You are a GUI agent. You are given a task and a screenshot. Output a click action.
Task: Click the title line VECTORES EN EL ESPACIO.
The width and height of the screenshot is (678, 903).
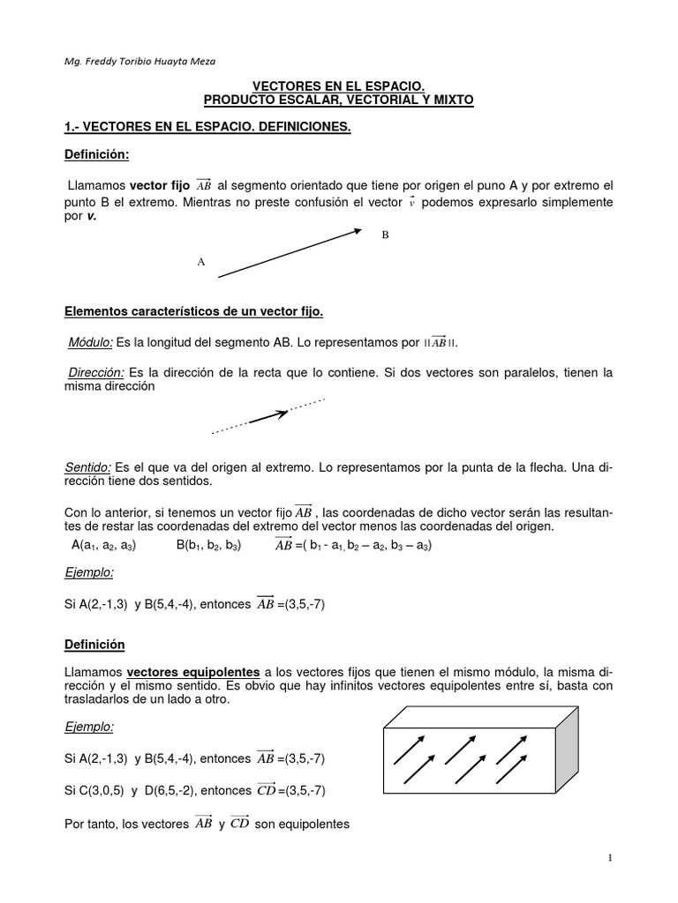click(x=339, y=86)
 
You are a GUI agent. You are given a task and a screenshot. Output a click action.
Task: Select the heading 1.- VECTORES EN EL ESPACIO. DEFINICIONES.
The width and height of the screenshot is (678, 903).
click(x=207, y=127)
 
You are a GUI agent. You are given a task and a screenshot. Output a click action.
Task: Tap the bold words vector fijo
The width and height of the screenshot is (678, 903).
click(x=160, y=186)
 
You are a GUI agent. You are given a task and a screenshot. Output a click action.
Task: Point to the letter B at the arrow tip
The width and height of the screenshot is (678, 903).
click(x=385, y=235)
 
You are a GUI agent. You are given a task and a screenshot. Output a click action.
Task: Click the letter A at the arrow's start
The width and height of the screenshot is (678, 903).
click(x=201, y=262)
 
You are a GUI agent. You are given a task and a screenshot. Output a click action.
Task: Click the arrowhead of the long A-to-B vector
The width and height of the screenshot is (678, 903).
click(x=356, y=231)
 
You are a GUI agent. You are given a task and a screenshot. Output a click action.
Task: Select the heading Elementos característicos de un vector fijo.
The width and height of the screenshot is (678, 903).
click(x=195, y=310)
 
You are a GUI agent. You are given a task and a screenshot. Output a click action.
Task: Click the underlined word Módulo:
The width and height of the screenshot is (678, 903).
click(x=91, y=342)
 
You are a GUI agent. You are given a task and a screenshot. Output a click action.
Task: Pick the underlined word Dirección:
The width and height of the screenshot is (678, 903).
click(x=95, y=373)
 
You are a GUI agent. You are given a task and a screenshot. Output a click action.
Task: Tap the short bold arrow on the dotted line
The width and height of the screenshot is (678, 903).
click(x=269, y=416)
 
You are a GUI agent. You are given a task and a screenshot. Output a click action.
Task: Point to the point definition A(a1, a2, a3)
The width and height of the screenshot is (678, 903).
click(x=103, y=545)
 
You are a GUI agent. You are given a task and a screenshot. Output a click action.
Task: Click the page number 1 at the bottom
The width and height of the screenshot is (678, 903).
click(x=609, y=858)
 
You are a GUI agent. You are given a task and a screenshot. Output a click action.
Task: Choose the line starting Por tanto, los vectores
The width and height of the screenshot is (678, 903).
click(x=207, y=825)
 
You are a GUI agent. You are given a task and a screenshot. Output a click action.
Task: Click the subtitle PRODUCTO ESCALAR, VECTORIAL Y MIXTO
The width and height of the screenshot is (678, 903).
click(x=339, y=101)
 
